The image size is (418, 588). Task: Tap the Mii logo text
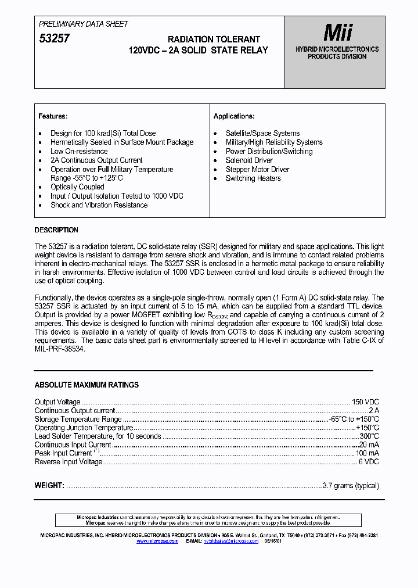coord(337,32)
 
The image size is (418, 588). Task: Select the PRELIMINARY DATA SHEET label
coord(83,24)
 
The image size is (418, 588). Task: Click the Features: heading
coord(53,116)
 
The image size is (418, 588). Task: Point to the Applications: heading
coord(234,116)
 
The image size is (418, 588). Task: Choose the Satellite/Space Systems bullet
coord(262,133)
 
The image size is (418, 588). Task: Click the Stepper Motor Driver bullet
coord(257,170)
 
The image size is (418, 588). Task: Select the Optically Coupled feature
coord(77,187)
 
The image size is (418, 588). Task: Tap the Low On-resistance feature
coord(79,151)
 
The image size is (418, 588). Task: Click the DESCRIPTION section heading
coord(56,230)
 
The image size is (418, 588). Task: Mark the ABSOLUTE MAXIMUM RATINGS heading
coord(87,385)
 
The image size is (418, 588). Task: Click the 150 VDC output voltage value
coord(365,402)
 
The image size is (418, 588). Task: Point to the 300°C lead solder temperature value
coord(369,436)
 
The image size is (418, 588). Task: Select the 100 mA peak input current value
coord(367,453)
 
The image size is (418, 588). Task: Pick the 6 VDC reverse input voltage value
coord(368,462)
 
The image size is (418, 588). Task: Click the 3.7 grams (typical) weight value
coord(351,486)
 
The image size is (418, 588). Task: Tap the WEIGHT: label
coord(49,486)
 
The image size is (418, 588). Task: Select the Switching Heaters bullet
coord(253,178)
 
